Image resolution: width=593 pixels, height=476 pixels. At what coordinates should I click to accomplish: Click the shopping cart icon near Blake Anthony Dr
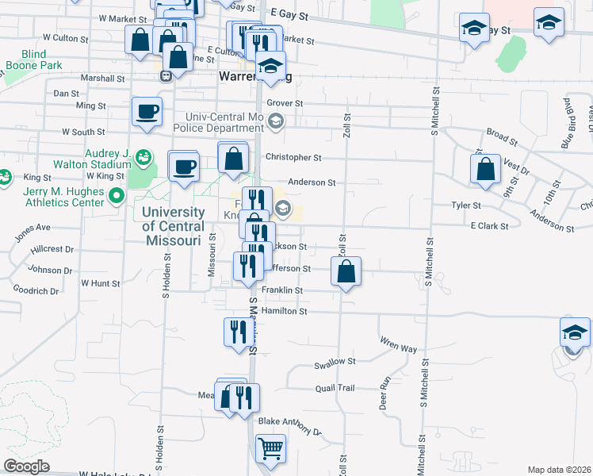pos(271,448)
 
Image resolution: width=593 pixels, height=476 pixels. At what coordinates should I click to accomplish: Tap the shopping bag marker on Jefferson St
pos(346,271)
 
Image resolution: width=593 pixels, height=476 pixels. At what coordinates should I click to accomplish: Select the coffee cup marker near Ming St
pos(147,112)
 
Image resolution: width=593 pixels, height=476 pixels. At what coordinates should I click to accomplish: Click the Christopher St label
pos(293,158)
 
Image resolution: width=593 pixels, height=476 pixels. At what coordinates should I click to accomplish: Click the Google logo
pos(26,466)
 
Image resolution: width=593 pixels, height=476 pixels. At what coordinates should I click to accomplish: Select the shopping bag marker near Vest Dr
pos(484,168)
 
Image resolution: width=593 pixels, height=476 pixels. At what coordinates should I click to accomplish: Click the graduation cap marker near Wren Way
pos(575,332)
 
